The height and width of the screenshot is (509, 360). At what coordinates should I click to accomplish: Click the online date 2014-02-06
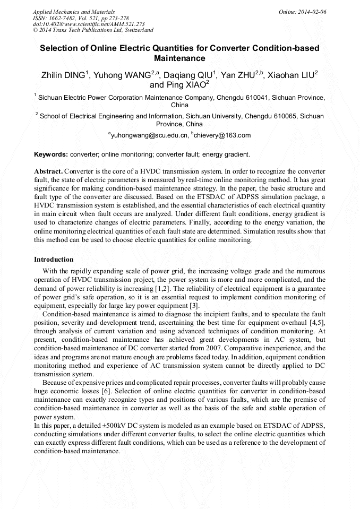pyautogui.click(x=312, y=11)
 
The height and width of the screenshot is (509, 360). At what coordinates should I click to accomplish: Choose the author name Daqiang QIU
pyautogui.click(x=192, y=75)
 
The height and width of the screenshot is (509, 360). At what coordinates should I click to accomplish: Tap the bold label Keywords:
pyautogui.click(x=51, y=154)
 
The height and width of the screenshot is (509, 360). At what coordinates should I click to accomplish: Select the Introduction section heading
pyautogui.click(x=54, y=260)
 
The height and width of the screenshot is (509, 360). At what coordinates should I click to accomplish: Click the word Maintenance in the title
pyautogui.click(x=179, y=58)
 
